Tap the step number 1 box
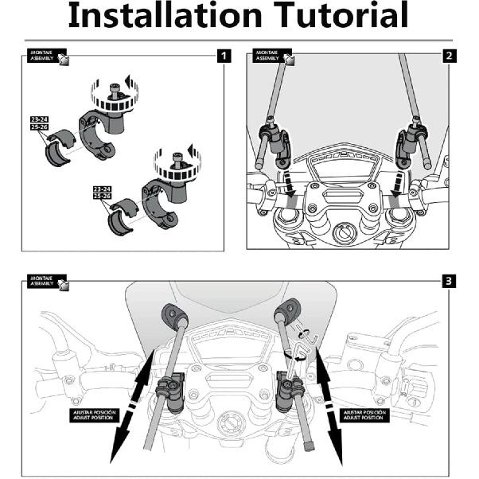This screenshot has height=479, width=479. coord(224,56)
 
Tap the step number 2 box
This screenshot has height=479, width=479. coord(450,56)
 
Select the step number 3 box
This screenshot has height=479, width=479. coord(450,281)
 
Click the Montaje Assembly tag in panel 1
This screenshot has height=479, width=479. coord(47,56)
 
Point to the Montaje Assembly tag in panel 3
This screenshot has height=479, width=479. coord(47,281)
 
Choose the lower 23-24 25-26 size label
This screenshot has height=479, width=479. coord(102,192)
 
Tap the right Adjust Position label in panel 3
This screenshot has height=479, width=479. coord(364,415)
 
